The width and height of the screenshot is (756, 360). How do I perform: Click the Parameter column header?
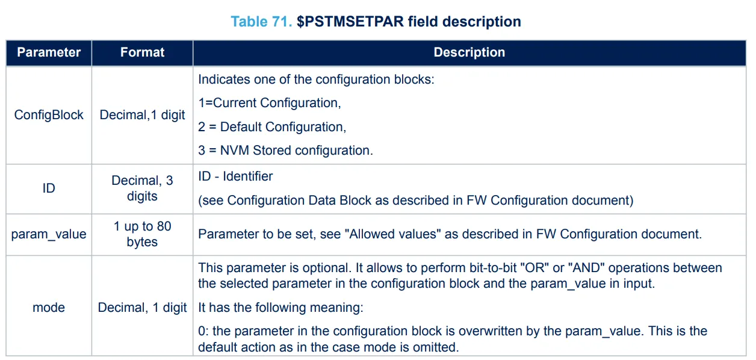click(x=49, y=52)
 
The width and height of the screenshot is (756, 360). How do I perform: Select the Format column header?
click(x=142, y=52)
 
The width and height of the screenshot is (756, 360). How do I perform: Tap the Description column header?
click(x=469, y=52)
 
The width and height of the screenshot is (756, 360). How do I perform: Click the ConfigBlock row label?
click(x=49, y=114)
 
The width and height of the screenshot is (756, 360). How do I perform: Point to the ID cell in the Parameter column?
click(x=49, y=188)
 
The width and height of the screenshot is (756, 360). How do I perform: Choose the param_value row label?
click(x=49, y=234)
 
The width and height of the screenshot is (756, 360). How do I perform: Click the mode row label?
click(x=49, y=307)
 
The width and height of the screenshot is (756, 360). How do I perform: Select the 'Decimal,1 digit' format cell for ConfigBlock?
click(x=142, y=114)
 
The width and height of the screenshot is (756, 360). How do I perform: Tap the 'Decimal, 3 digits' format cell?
click(x=142, y=188)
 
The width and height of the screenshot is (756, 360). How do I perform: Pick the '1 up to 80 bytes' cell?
click(x=142, y=234)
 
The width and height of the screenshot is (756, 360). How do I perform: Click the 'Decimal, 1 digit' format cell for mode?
click(x=142, y=307)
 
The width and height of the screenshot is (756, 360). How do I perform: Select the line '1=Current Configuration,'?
click(x=270, y=103)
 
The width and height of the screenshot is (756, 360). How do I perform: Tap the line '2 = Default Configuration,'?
click(x=272, y=127)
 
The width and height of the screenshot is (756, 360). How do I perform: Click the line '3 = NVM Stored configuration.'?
click(x=285, y=151)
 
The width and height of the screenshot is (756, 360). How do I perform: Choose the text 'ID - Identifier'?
click(x=235, y=176)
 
